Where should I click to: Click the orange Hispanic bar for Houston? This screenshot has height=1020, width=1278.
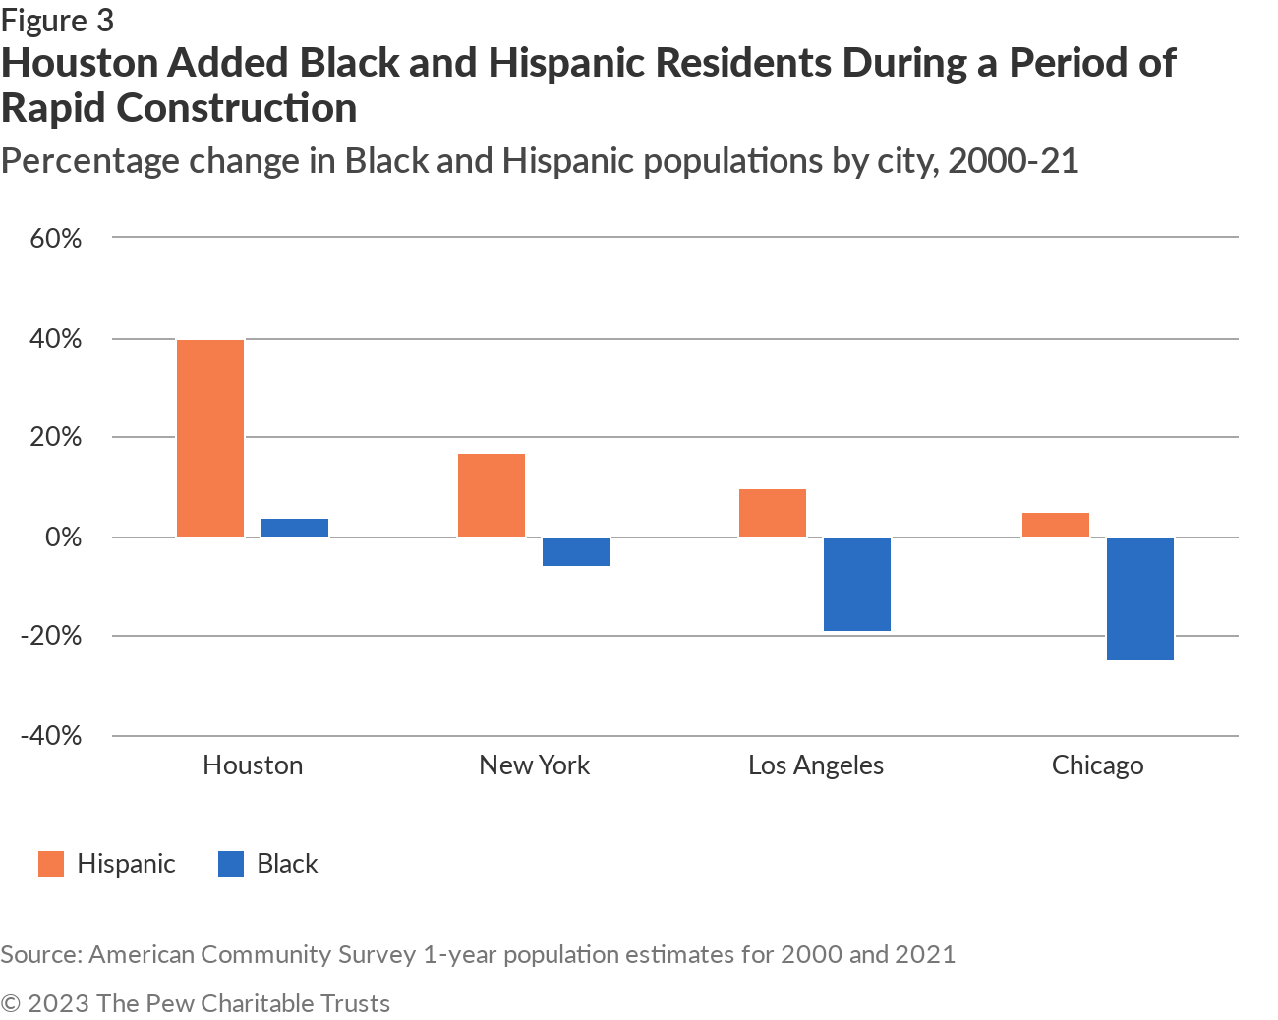pyautogui.click(x=210, y=438)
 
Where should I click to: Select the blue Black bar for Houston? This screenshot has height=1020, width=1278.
pyautogui.click(x=295, y=528)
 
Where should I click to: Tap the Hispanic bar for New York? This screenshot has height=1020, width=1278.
pyautogui.click(x=492, y=495)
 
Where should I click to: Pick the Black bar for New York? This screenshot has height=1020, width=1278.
pyautogui.click(x=576, y=552)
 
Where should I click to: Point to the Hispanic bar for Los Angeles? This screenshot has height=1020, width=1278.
pyautogui.click(x=773, y=513)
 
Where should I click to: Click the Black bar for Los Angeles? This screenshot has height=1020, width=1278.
pyautogui.click(x=857, y=585)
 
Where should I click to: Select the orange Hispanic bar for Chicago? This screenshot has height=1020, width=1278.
pyautogui.click(x=1056, y=525)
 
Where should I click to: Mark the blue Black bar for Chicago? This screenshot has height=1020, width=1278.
pyautogui.click(x=1140, y=599)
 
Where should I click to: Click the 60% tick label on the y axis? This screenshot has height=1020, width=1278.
pyautogui.click(x=56, y=239)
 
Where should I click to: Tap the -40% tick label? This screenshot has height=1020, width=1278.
pyautogui.click(x=51, y=735)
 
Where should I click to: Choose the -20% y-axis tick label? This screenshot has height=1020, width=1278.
pyautogui.click(x=51, y=636)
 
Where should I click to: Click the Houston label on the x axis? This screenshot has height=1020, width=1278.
pyautogui.click(x=253, y=765)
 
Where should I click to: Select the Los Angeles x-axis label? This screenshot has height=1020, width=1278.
pyautogui.click(x=816, y=765)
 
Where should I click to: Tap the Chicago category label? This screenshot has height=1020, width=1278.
pyautogui.click(x=1097, y=765)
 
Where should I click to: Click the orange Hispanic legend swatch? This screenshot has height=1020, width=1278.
pyautogui.click(x=51, y=864)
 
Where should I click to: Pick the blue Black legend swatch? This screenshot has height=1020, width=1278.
pyautogui.click(x=231, y=864)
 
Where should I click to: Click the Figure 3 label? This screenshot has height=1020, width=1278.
pyautogui.click(x=57, y=20)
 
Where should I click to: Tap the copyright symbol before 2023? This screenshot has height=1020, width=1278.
pyautogui.click(x=11, y=1003)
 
